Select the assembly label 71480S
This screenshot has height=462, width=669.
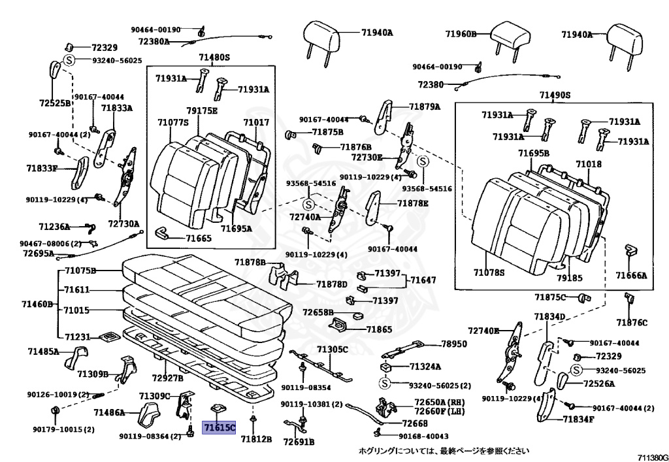click(x=214, y=58)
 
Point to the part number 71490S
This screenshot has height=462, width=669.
click(x=555, y=95)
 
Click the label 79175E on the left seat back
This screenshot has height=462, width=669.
click(x=201, y=110)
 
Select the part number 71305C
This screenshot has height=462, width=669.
click(x=333, y=350)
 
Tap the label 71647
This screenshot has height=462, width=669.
click(x=423, y=280)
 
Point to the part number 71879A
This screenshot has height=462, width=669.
click(x=425, y=107)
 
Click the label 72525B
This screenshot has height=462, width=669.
click(x=55, y=103)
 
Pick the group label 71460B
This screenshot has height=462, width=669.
click(x=37, y=304)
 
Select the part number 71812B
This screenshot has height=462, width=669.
click(x=255, y=439)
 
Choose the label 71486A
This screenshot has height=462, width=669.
click(x=109, y=412)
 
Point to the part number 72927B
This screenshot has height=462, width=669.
click(x=167, y=378)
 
